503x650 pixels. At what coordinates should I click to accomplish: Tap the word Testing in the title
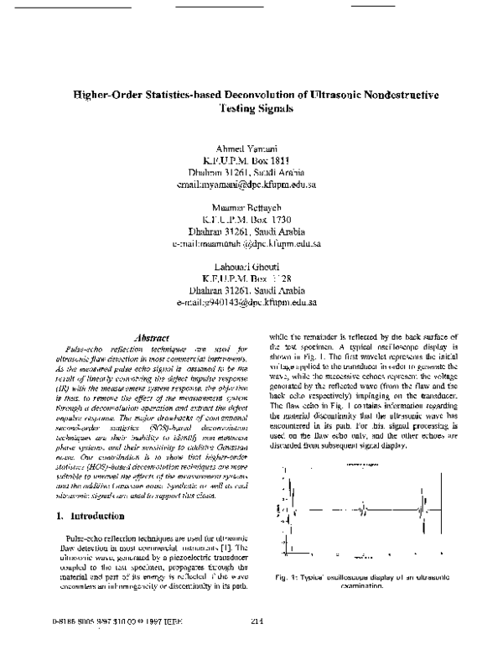click(241, 109)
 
